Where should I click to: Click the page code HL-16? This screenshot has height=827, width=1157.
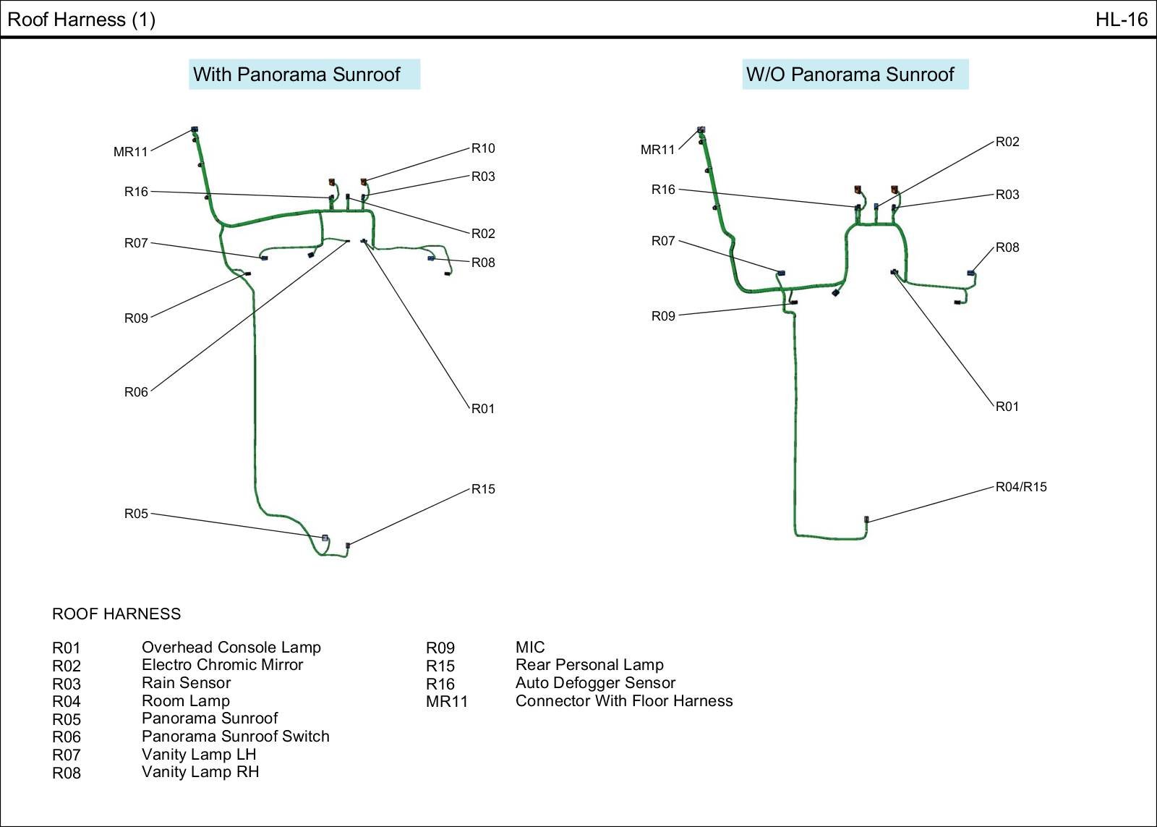[1121, 20]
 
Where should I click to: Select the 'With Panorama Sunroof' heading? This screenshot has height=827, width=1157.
[296, 75]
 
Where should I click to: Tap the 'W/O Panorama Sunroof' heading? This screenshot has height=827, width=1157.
[850, 75]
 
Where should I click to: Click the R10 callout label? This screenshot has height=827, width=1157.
[483, 148]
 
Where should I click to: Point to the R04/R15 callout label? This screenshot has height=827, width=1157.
[1021, 487]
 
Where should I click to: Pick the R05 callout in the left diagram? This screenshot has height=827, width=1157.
[136, 514]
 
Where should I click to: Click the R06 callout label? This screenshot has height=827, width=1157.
[136, 392]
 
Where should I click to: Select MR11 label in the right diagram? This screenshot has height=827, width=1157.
[657, 150]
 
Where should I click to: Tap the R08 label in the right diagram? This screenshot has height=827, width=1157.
[1007, 247]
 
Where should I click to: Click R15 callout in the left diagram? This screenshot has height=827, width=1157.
[483, 489]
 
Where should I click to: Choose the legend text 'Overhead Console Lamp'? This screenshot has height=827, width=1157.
[231, 648]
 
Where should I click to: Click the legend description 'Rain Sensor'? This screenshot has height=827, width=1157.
[186, 683]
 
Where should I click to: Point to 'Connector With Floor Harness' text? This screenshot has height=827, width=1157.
[624, 701]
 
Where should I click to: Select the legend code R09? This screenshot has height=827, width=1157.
[440, 648]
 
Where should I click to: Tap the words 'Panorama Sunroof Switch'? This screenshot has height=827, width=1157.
[235, 737]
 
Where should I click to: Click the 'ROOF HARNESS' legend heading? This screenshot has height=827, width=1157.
[116, 614]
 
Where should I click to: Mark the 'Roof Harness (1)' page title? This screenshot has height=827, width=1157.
[81, 20]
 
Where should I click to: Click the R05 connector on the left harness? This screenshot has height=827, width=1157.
[325, 538]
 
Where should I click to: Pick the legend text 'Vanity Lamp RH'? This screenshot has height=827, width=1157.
[200, 772]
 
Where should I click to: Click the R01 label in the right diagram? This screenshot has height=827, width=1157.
[1007, 407]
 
